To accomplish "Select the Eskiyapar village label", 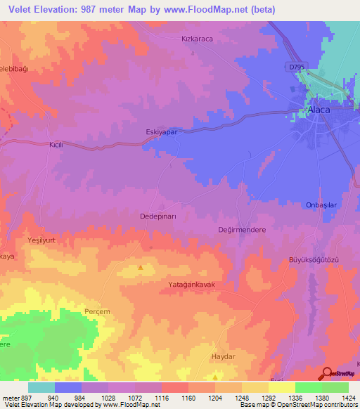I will tap(162, 131).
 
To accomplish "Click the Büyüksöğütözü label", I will tap(314, 260).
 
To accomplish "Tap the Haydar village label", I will tap(222, 357).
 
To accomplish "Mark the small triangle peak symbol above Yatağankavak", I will tap(141, 267).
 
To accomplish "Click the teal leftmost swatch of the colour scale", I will tap(41, 387).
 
